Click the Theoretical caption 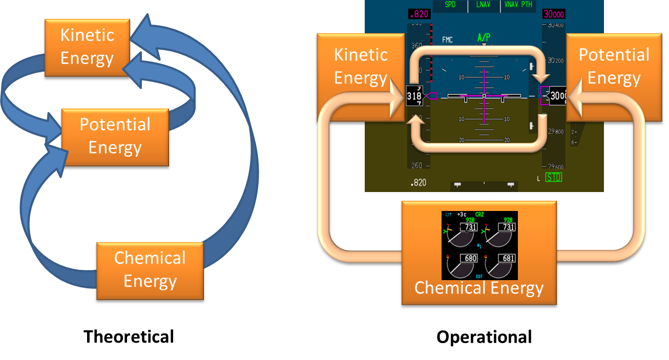[129, 336]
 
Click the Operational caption [484, 337]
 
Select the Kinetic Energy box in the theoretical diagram [87, 47]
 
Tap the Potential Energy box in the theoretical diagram [115, 136]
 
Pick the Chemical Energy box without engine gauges [150, 269]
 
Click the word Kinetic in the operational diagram [361, 55]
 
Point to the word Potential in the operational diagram [614, 55]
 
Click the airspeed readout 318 [414, 96]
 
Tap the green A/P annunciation [484, 37]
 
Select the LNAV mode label [484, 5]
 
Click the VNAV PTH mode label [518, 5]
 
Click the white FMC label [447, 40]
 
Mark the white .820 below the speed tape [418, 183]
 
